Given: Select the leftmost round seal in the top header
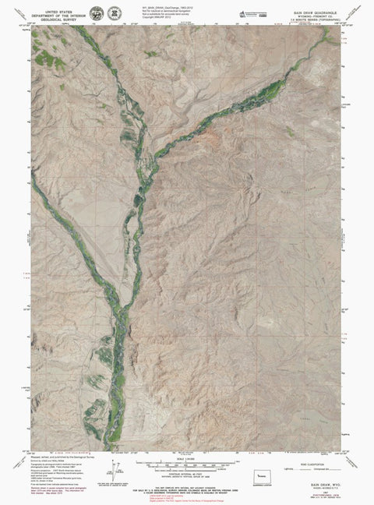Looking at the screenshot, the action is point(97,14).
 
